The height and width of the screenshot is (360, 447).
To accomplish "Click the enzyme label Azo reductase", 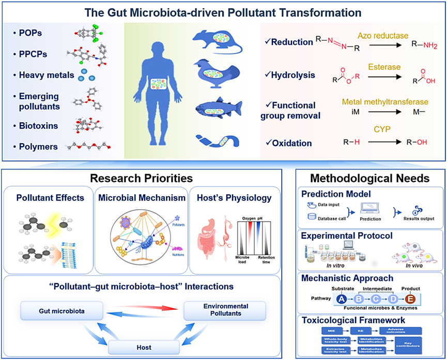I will (379, 35).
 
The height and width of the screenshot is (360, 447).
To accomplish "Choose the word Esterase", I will (384, 67).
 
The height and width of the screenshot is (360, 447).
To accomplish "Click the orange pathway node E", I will (411, 298).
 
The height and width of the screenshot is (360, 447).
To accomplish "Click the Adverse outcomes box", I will (399, 330).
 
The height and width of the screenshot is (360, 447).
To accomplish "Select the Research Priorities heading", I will (142, 178).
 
